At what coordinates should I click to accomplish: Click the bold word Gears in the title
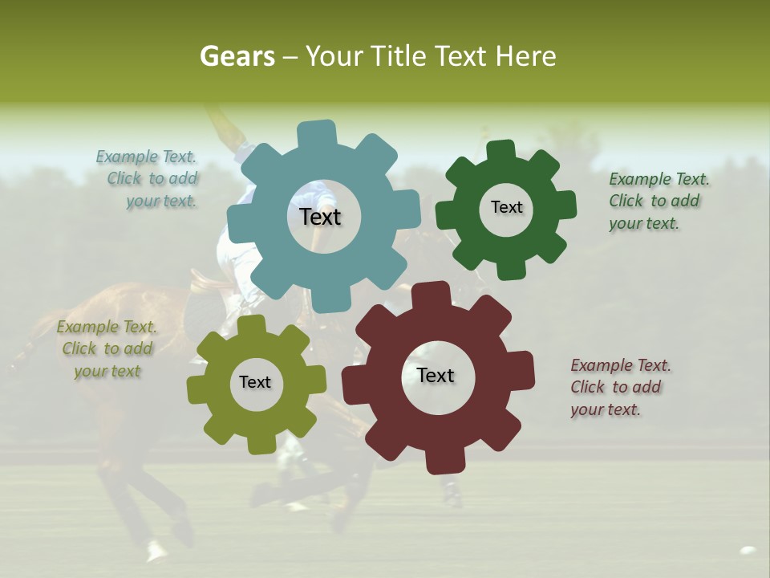[237, 56]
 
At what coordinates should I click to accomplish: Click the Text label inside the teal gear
[321, 217]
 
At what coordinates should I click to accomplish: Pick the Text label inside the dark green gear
[506, 207]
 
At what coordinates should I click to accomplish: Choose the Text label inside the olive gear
[255, 382]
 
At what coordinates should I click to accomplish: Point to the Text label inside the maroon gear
[436, 375]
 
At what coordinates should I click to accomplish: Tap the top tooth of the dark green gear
[500, 151]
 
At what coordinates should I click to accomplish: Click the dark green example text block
[658, 201]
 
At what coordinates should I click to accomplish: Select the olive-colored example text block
[107, 349]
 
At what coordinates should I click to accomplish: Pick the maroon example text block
[619, 387]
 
